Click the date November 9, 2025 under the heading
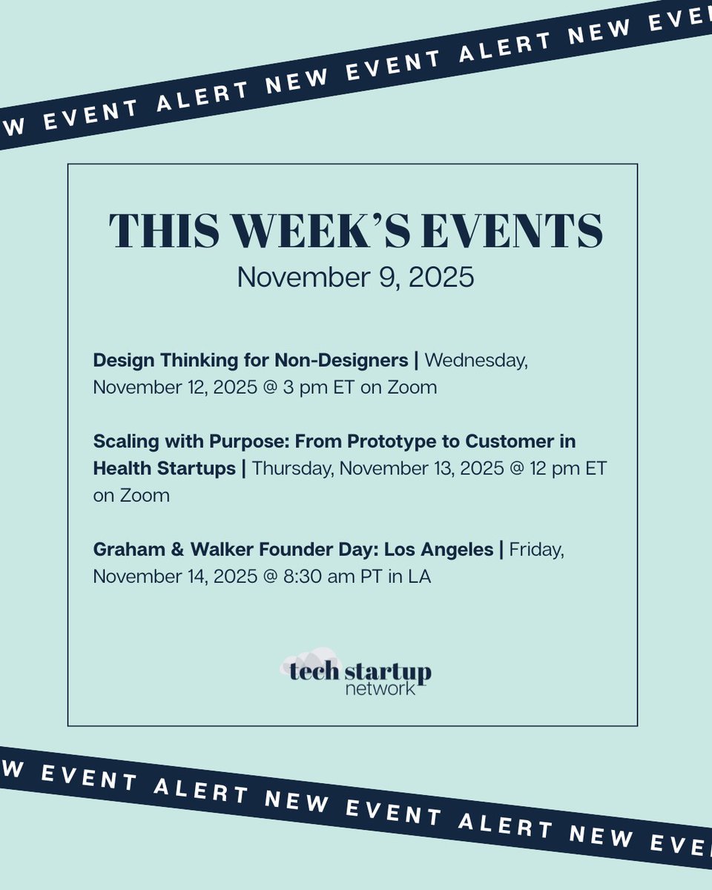pyautogui.click(x=355, y=277)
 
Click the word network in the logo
pyautogui.click(x=380, y=689)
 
